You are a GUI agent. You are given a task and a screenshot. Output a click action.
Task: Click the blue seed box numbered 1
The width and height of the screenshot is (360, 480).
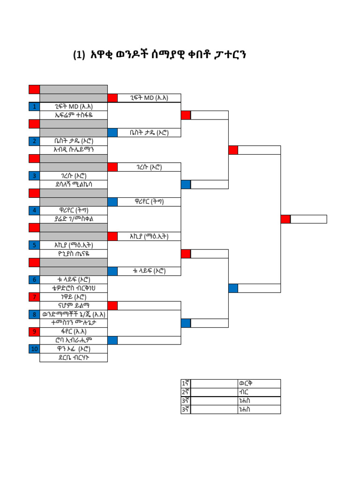click(x=34, y=106)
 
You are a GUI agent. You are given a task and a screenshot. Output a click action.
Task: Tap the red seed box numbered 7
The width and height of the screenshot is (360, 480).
click(x=34, y=297)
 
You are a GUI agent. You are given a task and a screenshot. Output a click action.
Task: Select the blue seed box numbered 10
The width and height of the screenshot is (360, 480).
click(x=34, y=349)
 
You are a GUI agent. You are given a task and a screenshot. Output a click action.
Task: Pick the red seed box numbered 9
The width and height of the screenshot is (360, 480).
click(x=34, y=332)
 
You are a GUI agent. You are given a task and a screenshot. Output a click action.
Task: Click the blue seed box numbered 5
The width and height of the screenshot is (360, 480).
click(x=34, y=245)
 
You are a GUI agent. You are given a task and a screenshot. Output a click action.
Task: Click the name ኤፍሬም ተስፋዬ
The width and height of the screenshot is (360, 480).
click(x=74, y=115)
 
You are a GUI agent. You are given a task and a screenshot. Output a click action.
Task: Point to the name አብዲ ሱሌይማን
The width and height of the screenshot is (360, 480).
click(x=74, y=150)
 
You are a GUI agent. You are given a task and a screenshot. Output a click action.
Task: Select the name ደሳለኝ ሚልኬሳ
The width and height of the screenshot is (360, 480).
click(x=74, y=185)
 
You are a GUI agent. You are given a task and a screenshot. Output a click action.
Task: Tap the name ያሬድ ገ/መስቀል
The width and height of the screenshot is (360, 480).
click(x=74, y=219)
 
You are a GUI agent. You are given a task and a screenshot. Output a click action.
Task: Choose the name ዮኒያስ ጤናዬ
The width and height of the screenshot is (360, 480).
click(x=74, y=254)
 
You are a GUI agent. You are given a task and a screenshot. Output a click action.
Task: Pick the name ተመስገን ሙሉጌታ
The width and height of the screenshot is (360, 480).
click(x=74, y=323)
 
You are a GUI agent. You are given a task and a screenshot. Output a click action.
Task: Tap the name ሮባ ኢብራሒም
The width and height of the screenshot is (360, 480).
click(x=74, y=341)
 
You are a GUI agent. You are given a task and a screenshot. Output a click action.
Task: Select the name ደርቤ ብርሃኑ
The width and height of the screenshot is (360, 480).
click(x=74, y=358)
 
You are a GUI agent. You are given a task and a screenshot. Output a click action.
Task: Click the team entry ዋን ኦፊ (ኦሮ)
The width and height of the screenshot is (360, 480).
click(x=74, y=349)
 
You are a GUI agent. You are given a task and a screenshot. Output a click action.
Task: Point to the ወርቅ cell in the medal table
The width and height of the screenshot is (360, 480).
click(x=246, y=384)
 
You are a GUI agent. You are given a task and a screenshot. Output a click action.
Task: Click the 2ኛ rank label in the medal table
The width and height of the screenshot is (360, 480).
click(x=185, y=392)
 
